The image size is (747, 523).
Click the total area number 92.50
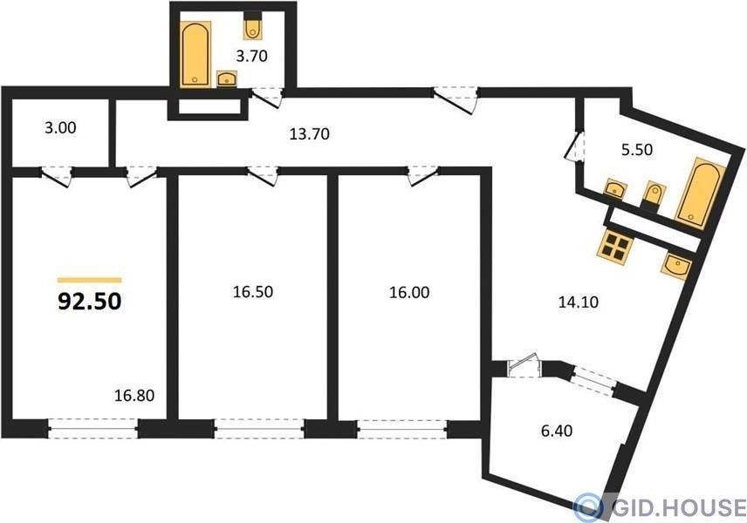90,302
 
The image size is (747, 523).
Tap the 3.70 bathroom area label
251,56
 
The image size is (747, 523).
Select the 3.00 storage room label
60,128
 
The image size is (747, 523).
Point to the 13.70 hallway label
310,134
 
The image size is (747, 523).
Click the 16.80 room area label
134,395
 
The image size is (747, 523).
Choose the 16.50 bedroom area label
253,292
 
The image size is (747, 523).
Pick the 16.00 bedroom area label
409,292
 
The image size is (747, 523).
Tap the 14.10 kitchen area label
579,302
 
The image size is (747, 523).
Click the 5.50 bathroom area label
637,150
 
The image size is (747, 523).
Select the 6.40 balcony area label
557,431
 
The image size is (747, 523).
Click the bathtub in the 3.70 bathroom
195,54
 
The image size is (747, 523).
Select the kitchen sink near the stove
676,267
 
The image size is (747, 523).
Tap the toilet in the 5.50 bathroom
652,195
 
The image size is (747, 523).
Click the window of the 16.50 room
260,429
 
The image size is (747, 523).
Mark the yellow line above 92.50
90,281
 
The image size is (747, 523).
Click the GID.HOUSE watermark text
678,507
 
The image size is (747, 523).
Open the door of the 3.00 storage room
56,177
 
